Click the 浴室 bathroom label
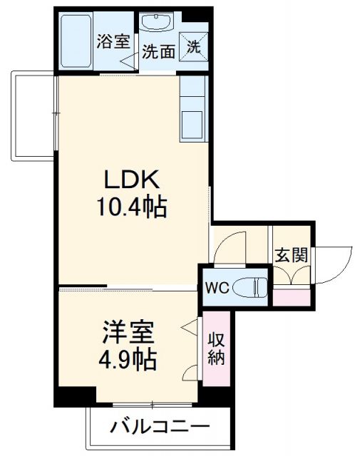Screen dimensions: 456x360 [x=113, y=41]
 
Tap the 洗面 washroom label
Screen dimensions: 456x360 [x=158, y=51]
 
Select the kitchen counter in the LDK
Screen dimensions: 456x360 [x=192, y=109]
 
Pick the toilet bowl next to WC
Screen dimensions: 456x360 [x=250, y=287]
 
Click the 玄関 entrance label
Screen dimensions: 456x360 [x=291, y=254]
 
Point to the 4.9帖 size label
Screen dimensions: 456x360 [x=129, y=359]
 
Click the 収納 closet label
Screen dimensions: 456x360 [x=216, y=348]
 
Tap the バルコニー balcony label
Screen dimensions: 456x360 [x=160, y=427]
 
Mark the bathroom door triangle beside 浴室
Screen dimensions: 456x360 [x=128, y=60]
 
